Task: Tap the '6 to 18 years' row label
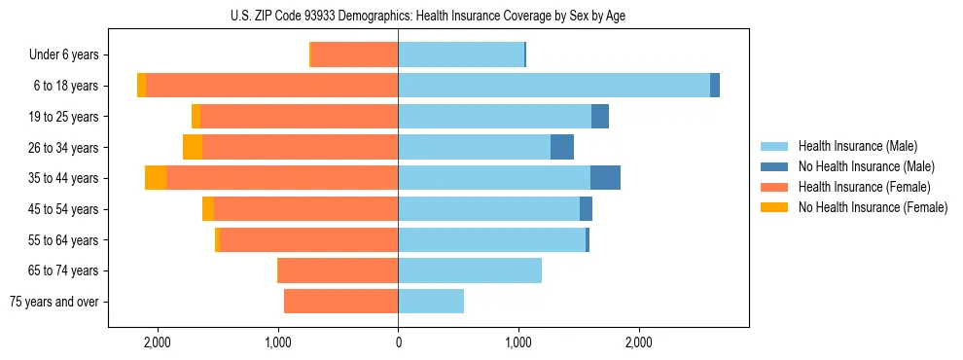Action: (66, 86)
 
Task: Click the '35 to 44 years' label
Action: (64, 178)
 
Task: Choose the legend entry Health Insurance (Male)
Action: (857, 146)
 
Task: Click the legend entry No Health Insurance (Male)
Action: (866, 166)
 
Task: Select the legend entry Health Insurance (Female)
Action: (864, 187)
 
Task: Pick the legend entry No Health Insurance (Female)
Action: (873, 207)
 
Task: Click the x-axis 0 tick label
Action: (398, 342)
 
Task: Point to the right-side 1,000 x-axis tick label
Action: (518, 342)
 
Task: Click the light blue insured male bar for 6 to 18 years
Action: (553, 86)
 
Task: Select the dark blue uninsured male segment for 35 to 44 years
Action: (605, 178)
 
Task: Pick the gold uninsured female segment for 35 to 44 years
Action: (156, 178)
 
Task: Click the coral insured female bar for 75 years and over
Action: (340, 302)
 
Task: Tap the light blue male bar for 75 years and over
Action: (431, 302)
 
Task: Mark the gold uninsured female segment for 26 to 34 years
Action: (193, 147)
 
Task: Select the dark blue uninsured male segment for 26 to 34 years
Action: (562, 147)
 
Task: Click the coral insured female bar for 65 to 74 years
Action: (338, 270)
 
